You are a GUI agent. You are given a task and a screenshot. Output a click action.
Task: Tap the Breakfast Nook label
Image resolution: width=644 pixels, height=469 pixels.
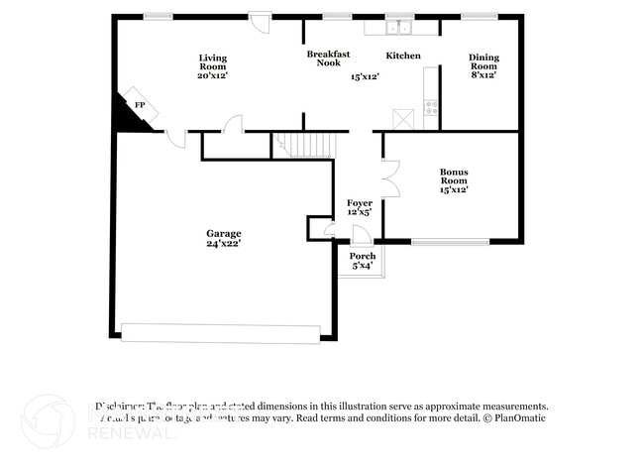[328, 59]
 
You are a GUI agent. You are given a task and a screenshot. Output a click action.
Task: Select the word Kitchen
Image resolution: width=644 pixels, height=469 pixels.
[403, 56]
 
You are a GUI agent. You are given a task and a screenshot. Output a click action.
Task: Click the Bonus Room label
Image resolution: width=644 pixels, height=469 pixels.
[454, 176]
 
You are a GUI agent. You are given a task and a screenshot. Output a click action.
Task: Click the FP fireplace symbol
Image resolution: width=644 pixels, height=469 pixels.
[140, 106]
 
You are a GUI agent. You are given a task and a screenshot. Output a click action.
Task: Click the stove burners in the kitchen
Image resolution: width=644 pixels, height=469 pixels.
[431, 106]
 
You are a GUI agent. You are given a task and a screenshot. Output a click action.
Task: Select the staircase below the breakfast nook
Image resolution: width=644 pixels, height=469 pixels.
[307, 145]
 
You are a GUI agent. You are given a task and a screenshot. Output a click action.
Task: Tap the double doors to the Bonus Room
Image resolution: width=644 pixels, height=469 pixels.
[390, 178]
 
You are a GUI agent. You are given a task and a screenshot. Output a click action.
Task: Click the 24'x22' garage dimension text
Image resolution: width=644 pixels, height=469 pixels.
[223, 243]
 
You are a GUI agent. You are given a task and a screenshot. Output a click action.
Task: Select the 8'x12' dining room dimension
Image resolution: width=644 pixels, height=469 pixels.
[483, 74]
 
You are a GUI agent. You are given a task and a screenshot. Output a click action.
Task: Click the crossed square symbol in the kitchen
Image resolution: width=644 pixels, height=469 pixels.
[403, 119]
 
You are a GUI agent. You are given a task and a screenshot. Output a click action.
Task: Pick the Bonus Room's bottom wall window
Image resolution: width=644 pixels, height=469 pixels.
[450, 241]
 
